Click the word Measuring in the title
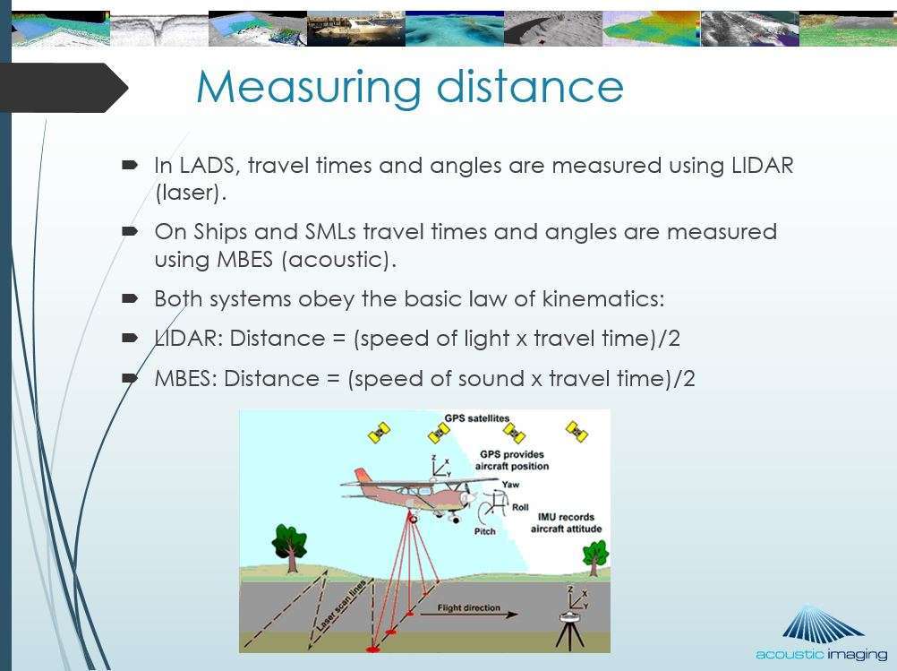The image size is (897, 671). pyautogui.click(x=309, y=88)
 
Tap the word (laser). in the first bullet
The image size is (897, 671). pyautogui.click(x=191, y=193)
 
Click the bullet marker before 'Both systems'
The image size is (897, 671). pyautogui.click(x=130, y=298)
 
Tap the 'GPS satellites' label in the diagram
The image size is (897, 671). pyautogui.click(x=476, y=418)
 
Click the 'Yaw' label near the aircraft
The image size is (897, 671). pyautogui.click(x=510, y=485)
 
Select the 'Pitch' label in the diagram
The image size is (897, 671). pyautogui.click(x=484, y=531)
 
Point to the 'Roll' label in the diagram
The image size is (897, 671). pyautogui.click(x=520, y=507)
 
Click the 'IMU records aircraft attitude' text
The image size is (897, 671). pyautogui.click(x=566, y=522)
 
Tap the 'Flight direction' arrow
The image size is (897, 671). pyautogui.click(x=469, y=615)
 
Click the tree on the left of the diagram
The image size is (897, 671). pyautogui.click(x=290, y=547)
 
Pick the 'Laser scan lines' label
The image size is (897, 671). pyautogui.click(x=342, y=606)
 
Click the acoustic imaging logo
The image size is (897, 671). pyautogui.click(x=822, y=633)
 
